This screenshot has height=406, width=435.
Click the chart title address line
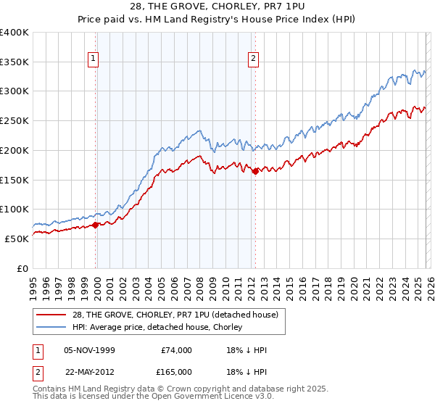[217, 7]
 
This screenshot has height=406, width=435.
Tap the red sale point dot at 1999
[96, 225]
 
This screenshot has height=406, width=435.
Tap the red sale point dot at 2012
[255, 172]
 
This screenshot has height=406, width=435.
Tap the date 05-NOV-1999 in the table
[89, 350]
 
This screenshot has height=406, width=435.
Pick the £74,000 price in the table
[177, 350]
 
